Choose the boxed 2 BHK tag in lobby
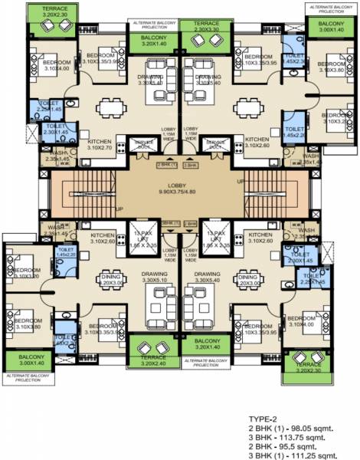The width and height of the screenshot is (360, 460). point(191,222)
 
